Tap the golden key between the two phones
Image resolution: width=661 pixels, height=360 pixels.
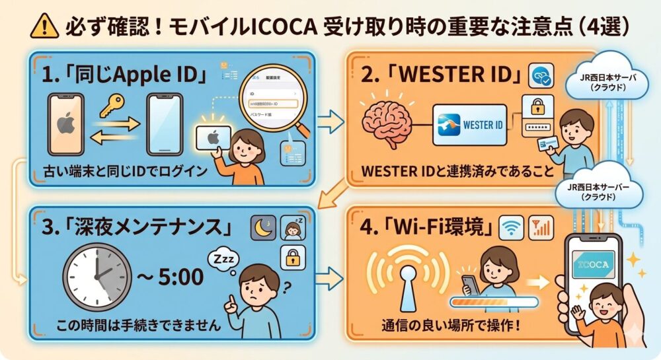pos(114,104)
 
